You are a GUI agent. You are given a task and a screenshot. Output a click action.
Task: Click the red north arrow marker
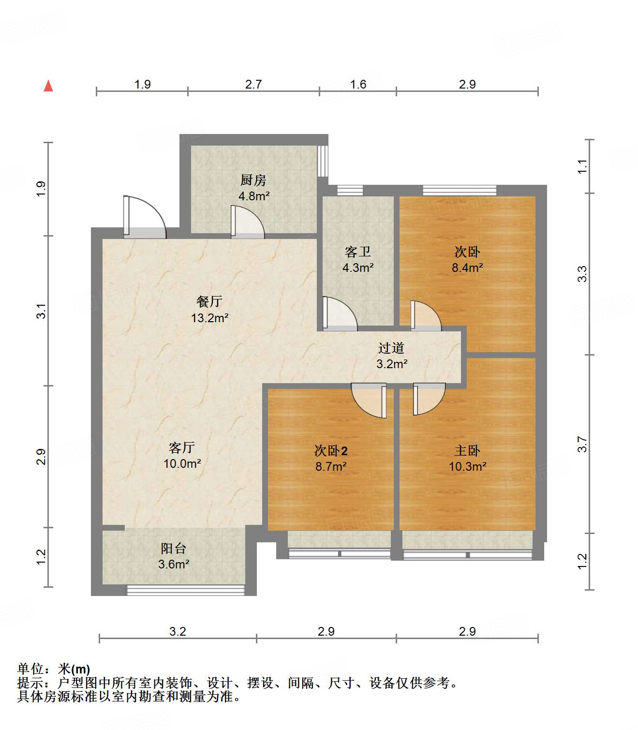pyautogui.click(x=48, y=86)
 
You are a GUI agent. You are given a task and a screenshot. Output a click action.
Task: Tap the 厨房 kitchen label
pyautogui.click(x=253, y=180)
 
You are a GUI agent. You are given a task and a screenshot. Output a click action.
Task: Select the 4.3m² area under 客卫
pyautogui.click(x=358, y=268)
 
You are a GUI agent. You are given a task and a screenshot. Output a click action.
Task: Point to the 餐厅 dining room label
pyautogui.click(x=209, y=301)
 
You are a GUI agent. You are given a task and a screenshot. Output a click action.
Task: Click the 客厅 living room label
pyautogui.click(x=182, y=447)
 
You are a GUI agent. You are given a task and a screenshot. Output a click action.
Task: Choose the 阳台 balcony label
pyautogui.click(x=173, y=548)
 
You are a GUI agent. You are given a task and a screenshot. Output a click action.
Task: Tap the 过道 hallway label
pyautogui.click(x=391, y=348)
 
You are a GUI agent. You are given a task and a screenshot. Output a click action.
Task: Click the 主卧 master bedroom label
pyautogui.click(x=467, y=450)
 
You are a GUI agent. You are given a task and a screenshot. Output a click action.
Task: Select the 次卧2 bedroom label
pyautogui.click(x=331, y=450)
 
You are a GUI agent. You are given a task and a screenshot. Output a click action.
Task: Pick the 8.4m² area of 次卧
pyautogui.click(x=467, y=268)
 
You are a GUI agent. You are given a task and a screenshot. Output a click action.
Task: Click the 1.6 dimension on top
pyautogui.click(x=358, y=85)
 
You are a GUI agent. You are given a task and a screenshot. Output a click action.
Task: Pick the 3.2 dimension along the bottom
pyautogui.click(x=178, y=631)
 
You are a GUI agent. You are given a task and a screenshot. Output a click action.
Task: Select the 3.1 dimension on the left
pyautogui.click(x=42, y=311)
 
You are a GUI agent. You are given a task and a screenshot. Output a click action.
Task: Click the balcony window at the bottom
pyautogui.click(x=186, y=590)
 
